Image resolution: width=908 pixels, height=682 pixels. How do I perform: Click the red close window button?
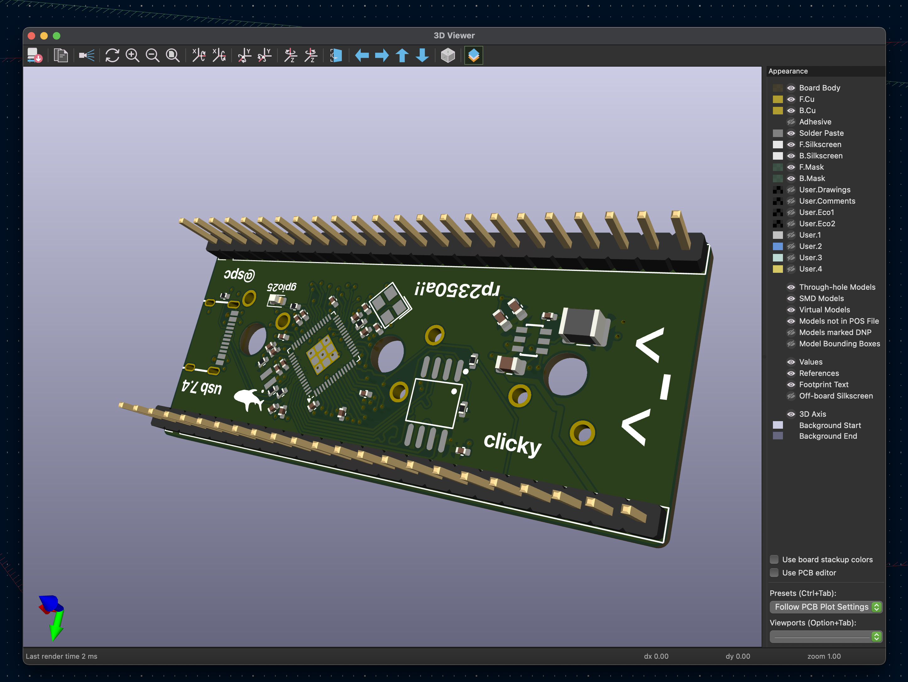point(31,36)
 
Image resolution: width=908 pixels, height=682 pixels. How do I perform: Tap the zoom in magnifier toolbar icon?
point(132,55)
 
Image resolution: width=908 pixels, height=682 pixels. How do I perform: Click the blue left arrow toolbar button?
point(362,55)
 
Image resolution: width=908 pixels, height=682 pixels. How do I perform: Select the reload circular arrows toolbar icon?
point(112,55)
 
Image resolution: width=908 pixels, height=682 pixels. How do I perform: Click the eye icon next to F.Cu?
point(790,99)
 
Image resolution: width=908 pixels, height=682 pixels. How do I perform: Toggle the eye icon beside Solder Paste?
point(790,133)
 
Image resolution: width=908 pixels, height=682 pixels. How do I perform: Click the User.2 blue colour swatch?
point(778,246)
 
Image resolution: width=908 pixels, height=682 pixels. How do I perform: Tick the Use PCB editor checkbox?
point(774,573)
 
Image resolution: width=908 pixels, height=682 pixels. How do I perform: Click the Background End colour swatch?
point(778,436)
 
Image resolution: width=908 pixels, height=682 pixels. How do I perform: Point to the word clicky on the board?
point(512,443)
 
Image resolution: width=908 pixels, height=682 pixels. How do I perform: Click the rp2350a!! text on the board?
point(457,289)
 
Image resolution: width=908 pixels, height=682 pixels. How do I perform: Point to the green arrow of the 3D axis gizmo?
point(56,626)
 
